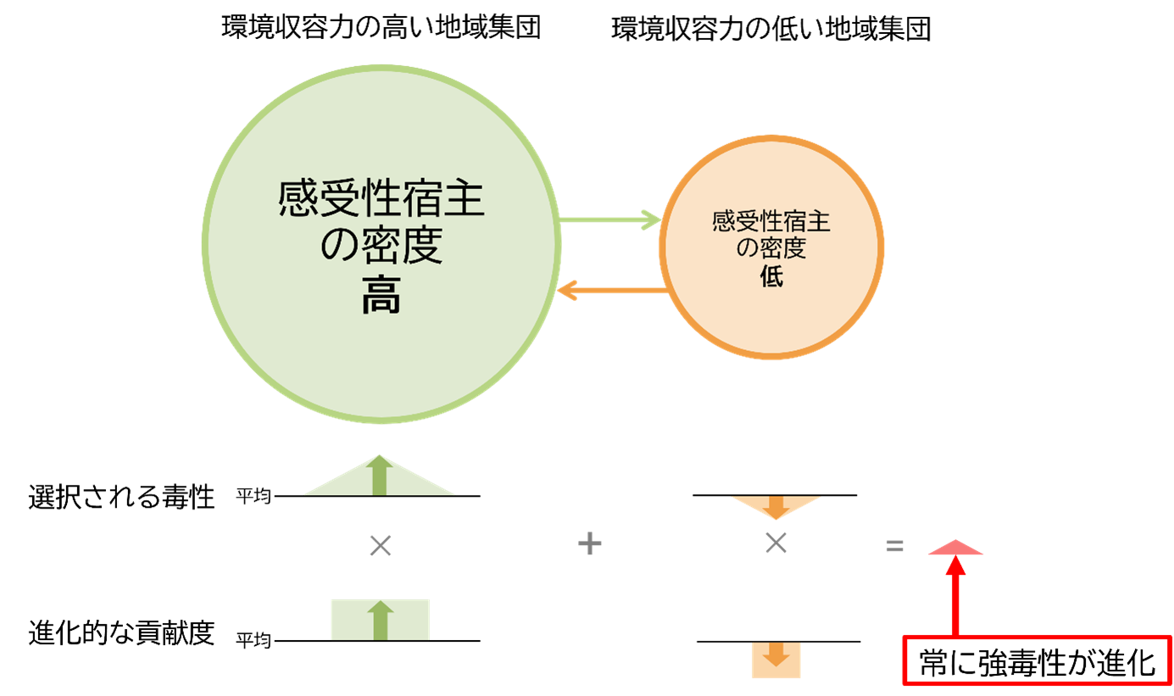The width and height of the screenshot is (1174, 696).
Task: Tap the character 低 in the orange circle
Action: tap(771, 276)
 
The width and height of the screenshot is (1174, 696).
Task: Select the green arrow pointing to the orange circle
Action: tap(609, 220)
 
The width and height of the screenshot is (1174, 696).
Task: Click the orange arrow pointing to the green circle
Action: tap(610, 291)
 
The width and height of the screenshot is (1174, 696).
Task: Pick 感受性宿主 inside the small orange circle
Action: tap(771, 222)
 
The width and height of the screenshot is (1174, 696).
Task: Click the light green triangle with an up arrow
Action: tap(380, 478)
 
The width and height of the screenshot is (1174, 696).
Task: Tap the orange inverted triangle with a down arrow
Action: tap(776, 506)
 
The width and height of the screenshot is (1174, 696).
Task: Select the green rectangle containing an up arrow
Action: tap(380, 620)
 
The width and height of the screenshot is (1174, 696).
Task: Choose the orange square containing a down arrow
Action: tap(776, 660)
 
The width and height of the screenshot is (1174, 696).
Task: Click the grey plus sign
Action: tap(589, 544)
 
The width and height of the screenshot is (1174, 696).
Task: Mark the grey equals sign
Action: tap(894, 547)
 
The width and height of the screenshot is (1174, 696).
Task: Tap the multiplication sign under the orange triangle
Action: tap(776, 544)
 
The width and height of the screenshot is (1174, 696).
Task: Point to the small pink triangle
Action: tap(956, 548)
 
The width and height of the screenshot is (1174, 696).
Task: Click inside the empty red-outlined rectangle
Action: tap(1038, 660)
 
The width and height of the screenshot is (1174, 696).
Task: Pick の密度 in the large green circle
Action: tap(381, 248)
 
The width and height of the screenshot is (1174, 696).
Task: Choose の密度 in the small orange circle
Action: tap(771, 248)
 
